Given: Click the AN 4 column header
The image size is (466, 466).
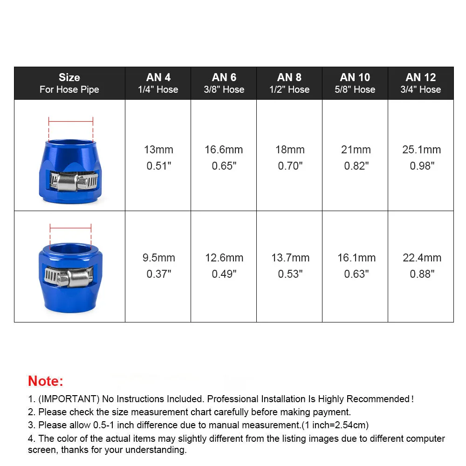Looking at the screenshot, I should tap(158, 83).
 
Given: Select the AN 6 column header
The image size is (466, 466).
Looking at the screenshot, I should tap(224, 83).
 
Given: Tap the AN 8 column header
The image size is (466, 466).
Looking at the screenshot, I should tap(289, 83).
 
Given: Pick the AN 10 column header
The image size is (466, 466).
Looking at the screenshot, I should tap(355, 83).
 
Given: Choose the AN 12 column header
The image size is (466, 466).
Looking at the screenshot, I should tap(420, 83).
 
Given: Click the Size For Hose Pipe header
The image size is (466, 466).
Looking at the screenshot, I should tap(69, 83).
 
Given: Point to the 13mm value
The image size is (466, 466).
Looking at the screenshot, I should tap(158, 150).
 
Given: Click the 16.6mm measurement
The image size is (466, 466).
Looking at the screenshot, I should tap(224, 150).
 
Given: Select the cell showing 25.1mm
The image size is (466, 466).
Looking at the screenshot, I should tap(421, 150).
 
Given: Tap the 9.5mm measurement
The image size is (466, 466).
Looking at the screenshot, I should tap(158, 258).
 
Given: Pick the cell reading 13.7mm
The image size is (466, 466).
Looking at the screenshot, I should tap(290, 258).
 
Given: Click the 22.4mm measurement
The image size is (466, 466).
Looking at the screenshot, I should tap(421, 258).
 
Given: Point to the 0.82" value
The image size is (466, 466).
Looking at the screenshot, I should tap(356, 166).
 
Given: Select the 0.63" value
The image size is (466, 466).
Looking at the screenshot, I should tap(355, 274).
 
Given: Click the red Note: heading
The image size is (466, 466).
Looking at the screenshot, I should tap(45, 381).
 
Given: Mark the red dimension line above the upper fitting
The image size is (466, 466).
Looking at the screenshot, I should tap(71, 122).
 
